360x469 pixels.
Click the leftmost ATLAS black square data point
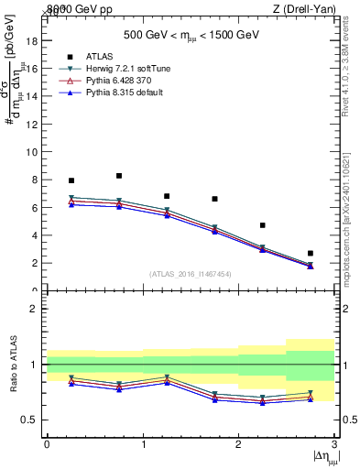pyautogui.click(x=71, y=180)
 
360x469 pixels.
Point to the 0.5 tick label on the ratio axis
pyautogui.click(x=28, y=420)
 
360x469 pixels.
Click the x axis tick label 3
pyautogui.click(x=334, y=444)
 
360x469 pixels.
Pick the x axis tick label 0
pyautogui.click(x=47, y=444)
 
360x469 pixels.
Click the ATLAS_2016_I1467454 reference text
pyautogui.click(x=191, y=274)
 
